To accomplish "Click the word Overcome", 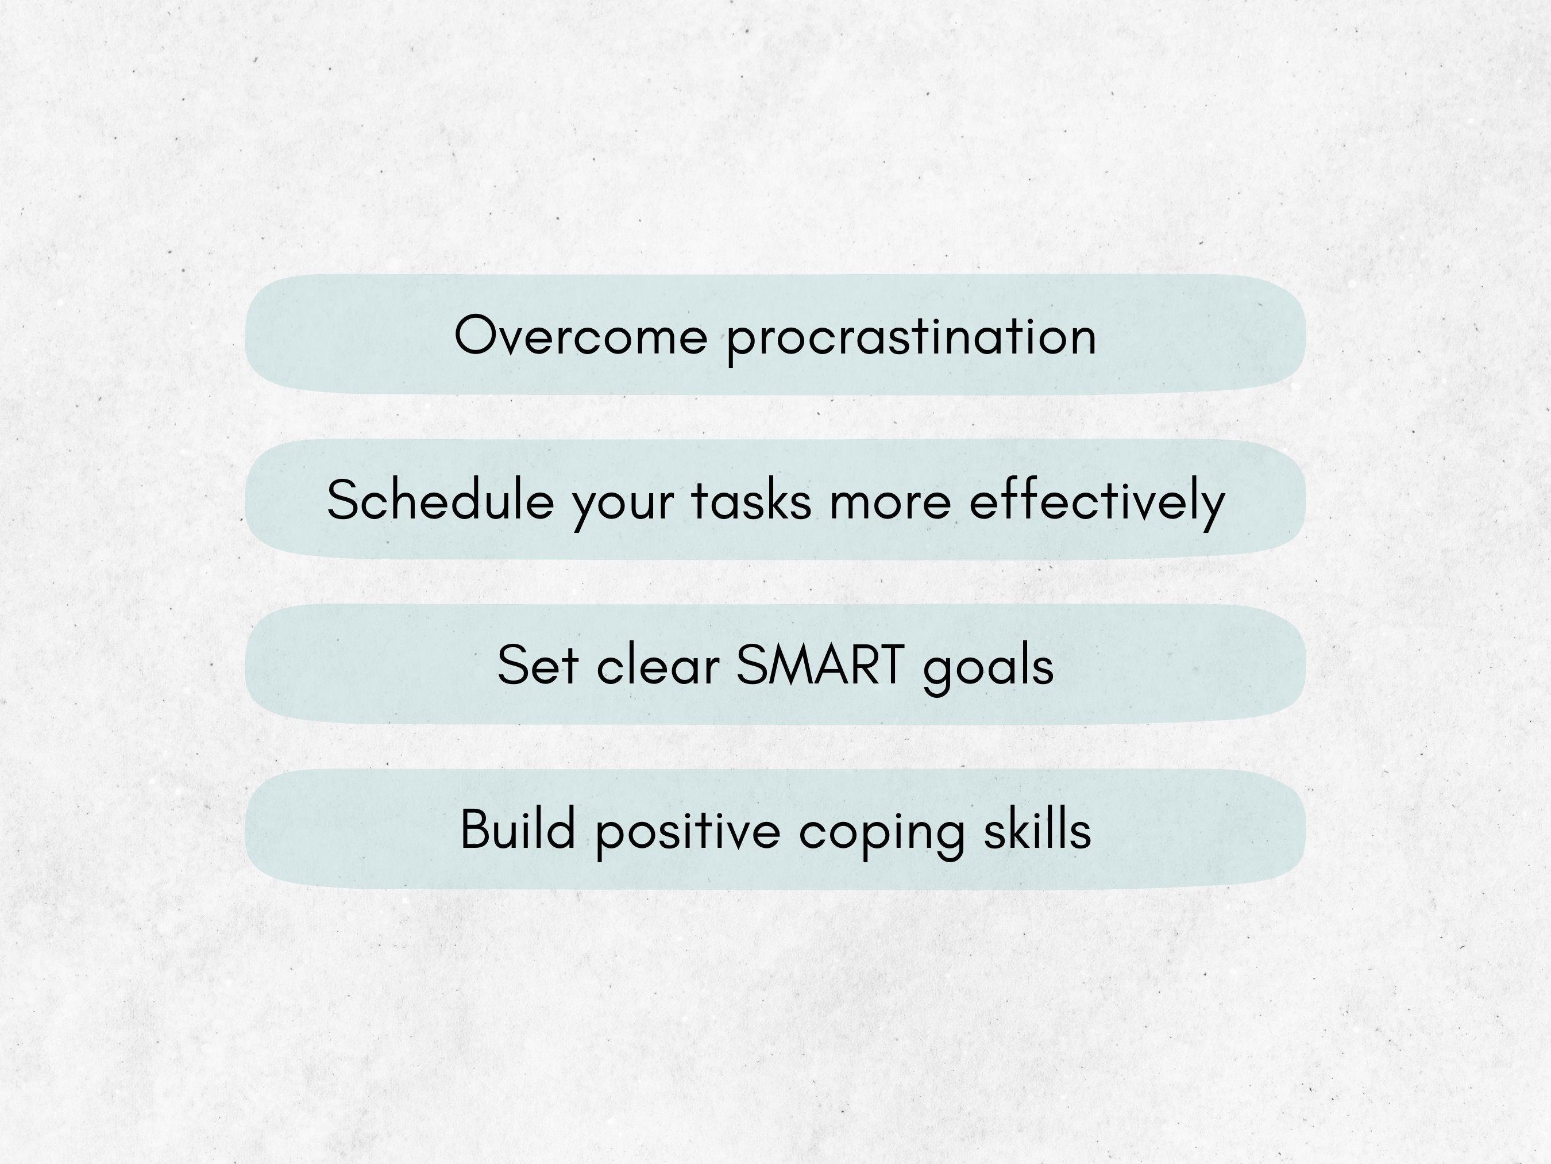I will click(581, 336).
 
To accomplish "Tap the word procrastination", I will click(911, 338).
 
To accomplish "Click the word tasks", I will click(751, 501).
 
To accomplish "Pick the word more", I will click(890, 502).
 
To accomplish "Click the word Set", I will click(537, 664).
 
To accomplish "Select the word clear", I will click(658, 664).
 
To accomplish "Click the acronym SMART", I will click(820, 664).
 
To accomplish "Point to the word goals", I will click(988, 667).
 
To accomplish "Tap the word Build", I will click(518, 829).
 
